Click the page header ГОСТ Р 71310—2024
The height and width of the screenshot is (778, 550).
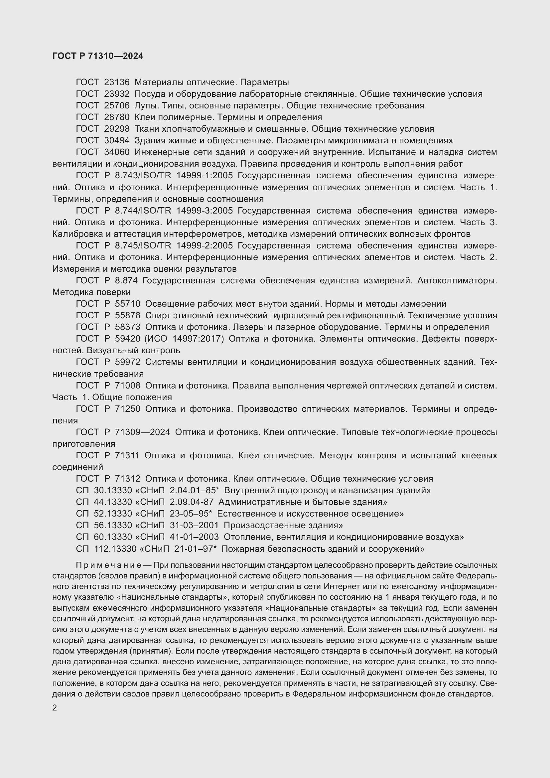click(x=97, y=56)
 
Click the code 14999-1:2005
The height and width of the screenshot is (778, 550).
click(x=205, y=176)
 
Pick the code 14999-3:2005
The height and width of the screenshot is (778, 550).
click(x=205, y=211)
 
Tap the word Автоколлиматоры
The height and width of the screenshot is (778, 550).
click(x=457, y=281)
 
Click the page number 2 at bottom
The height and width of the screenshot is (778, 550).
click(x=55, y=708)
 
